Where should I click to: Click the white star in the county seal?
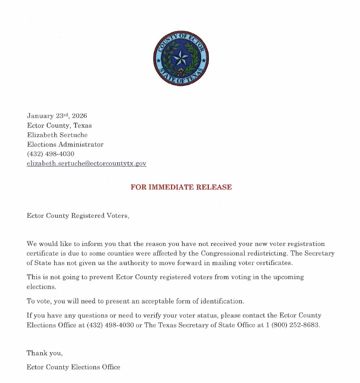click(180, 59)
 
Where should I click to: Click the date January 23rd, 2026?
click(57, 116)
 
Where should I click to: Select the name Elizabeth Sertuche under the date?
click(57, 135)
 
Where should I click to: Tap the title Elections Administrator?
click(65, 145)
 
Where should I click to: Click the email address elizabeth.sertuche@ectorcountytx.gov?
click(86, 163)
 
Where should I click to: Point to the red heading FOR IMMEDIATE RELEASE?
click(181, 187)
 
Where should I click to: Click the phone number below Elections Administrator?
click(51, 154)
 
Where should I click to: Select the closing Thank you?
click(44, 353)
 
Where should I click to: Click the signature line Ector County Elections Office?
click(74, 367)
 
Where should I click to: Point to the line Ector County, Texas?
click(60, 126)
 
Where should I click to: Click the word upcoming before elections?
click(288, 277)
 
